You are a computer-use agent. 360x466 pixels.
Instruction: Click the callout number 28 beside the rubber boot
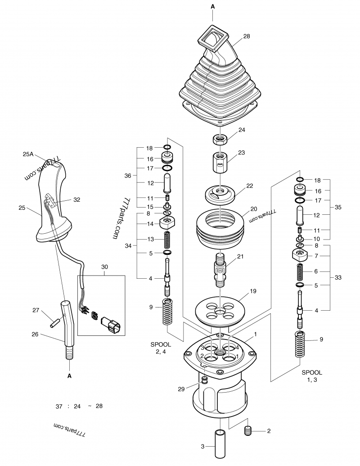click(246, 36)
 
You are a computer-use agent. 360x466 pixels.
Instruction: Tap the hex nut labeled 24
click(220, 139)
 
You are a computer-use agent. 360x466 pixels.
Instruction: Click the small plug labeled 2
click(247, 431)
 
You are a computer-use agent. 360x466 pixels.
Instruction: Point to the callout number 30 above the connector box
click(104, 267)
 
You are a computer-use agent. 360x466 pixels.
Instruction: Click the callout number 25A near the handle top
click(28, 154)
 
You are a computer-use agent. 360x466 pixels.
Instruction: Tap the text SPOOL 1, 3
click(312, 377)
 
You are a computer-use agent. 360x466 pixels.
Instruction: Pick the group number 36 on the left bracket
click(127, 176)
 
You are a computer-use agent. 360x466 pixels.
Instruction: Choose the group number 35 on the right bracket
click(339, 208)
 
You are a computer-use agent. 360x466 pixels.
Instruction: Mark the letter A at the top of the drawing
click(212, 6)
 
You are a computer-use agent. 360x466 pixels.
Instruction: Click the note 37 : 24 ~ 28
click(79, 406)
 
